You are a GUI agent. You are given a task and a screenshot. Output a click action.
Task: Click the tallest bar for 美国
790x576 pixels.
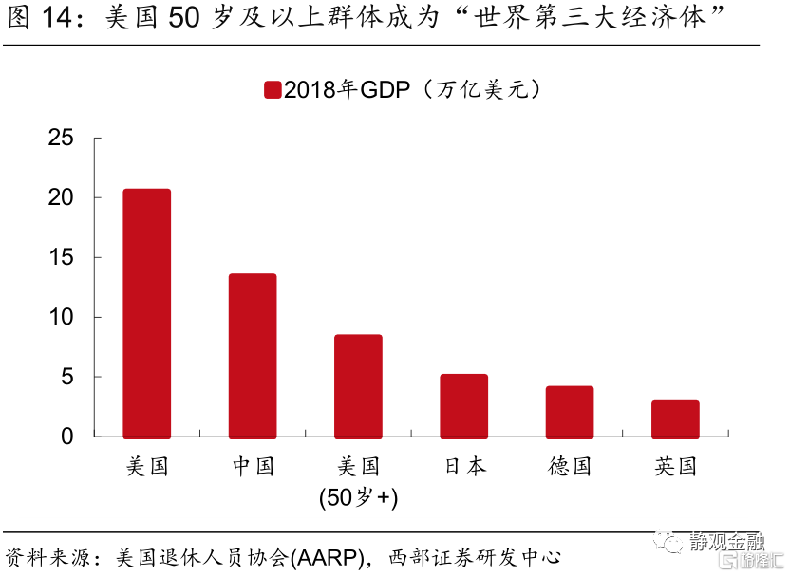(x=147, y=312)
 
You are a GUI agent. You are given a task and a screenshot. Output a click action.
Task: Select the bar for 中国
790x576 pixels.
(x=253, y=355)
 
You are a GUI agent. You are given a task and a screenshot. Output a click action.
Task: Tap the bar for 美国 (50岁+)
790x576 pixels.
(x=358, y=385)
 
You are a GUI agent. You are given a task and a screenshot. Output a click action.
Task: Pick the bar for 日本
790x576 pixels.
(x=463, y=405)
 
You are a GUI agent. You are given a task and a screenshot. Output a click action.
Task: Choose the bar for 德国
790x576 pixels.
(x=569, y=411)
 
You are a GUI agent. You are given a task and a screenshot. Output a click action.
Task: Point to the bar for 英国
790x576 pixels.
(x=675, y=418)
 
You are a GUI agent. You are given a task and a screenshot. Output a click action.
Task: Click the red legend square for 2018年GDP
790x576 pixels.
(x=272, y=90)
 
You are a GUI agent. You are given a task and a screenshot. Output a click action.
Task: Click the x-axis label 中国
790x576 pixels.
(x=253, y=466)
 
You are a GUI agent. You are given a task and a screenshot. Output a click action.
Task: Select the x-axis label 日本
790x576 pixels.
(x=463, y=466)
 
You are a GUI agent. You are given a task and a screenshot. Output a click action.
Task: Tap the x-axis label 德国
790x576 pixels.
(x=569, y=466)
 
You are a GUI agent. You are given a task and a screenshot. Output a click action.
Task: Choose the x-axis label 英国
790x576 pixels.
(x=675, y=466)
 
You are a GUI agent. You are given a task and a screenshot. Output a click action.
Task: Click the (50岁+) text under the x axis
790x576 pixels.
(x=358, y=496)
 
